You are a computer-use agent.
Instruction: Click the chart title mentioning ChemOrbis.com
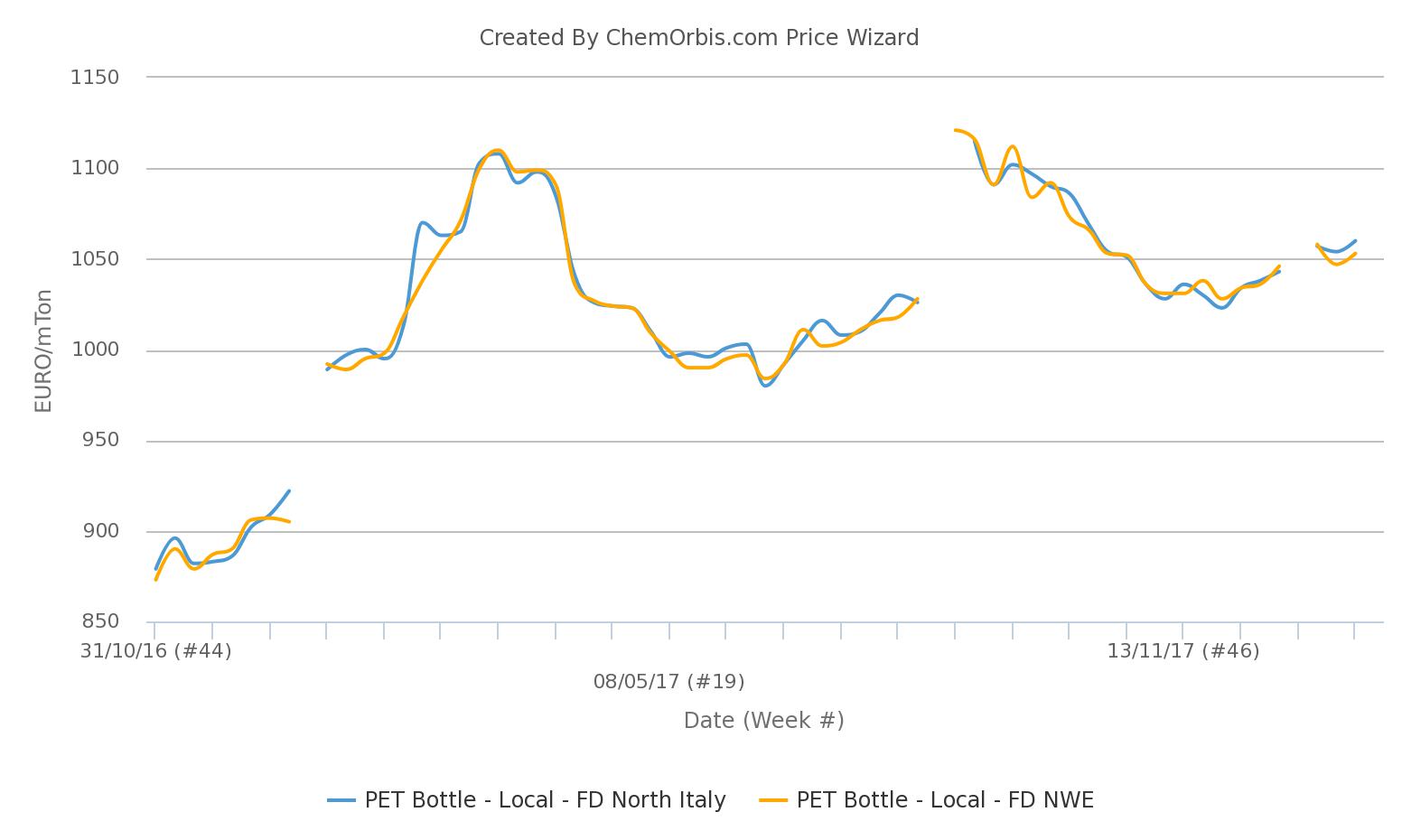click(x=698, y=38)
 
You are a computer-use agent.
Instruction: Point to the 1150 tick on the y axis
click(x=95, y=78)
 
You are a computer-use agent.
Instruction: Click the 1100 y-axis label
click(x=95, y=168)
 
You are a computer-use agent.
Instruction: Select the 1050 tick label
click(x=95, y=259)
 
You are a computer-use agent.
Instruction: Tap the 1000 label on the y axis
click(x=95, y=350)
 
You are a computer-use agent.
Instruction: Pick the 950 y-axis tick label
click(x=100, y=440)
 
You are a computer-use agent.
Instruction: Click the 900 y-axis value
click(x=100, y=531)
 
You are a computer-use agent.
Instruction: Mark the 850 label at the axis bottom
click(x=100, y=621)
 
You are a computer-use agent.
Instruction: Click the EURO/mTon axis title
click(x=42, y=350)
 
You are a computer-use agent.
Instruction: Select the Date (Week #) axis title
click(x=763, y=721)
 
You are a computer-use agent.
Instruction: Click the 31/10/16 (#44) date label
click(x=156, y=651)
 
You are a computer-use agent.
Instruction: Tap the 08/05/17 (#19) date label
click(x=668, y=682)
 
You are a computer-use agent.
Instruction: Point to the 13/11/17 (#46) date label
click(x=1183, y=651)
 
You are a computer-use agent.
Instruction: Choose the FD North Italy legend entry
click(x=545, y=800)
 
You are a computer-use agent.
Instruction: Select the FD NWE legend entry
click(x=945, y=800)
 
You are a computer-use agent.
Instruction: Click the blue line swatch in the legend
click(x=341, y=800)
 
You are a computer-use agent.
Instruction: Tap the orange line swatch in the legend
click(x=773, y=800)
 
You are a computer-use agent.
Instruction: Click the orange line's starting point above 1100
click(x=955, y=130)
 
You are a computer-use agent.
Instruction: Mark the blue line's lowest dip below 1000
click(x=766, y=386)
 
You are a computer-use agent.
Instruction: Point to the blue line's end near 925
click(x=288, y=490)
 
